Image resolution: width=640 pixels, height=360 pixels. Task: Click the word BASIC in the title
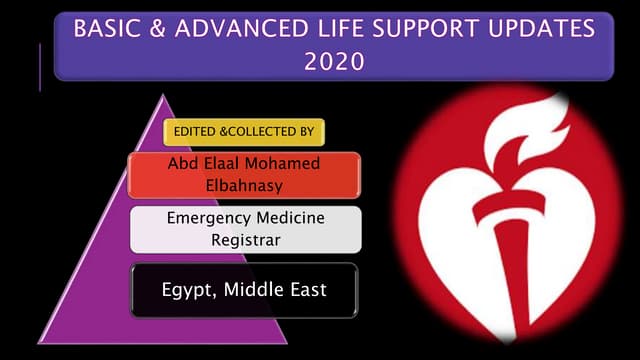click(108, 29)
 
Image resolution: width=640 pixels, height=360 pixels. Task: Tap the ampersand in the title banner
click(160, 29)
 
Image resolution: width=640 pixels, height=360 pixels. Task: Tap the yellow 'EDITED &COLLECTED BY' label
click(245, 132)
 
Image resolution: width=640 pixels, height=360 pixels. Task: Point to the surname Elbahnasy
click(244, 185)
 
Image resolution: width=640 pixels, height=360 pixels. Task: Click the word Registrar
click(244, 240)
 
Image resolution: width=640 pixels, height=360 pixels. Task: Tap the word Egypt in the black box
click(185, 290)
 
